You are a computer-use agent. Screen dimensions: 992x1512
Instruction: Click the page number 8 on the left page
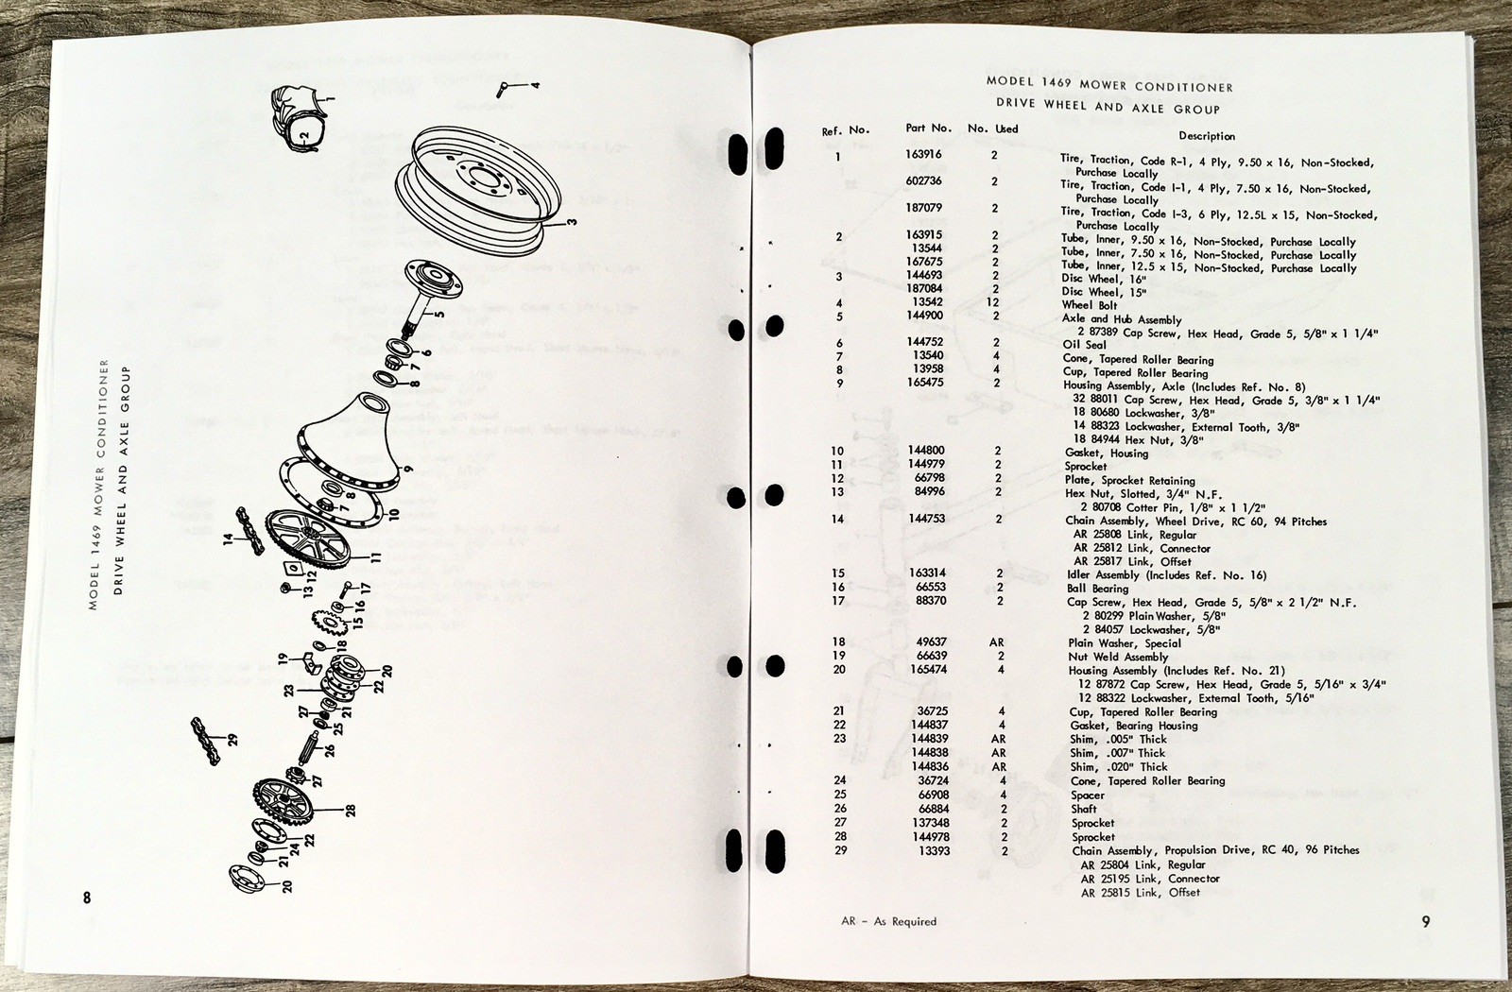click(87, 898)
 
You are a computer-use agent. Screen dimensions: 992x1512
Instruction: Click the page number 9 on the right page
click(1426, 921)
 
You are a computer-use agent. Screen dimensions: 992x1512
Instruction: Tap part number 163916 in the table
click(923, 153)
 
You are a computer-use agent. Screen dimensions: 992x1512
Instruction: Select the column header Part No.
click(928, 128)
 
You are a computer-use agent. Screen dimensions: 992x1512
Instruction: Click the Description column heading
click(1206, 136)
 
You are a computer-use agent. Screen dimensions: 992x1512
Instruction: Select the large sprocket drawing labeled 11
click(309, 539)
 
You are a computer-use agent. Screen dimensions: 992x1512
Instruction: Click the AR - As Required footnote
click(888, 921)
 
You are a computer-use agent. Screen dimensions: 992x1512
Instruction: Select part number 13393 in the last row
click(933, 850)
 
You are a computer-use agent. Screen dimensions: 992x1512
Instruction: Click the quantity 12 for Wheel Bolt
click(992, 302)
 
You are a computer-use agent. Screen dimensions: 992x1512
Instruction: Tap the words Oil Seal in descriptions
click(1084, 345)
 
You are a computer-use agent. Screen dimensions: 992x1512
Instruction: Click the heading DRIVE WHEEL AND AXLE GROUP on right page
click(1108, 107)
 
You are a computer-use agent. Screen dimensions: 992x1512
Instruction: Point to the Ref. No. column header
click(845, 130)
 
